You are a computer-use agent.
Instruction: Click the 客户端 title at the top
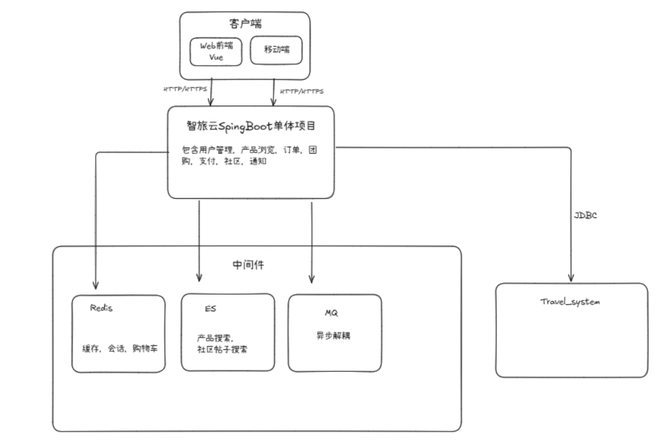244,24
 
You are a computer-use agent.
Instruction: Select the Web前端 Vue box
215,51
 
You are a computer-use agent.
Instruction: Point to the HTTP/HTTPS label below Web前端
185,90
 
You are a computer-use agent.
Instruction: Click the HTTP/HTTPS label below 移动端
302,91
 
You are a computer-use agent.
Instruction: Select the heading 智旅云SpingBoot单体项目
250,127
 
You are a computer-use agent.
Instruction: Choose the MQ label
331,313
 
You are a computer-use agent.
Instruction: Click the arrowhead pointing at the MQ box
311,279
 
